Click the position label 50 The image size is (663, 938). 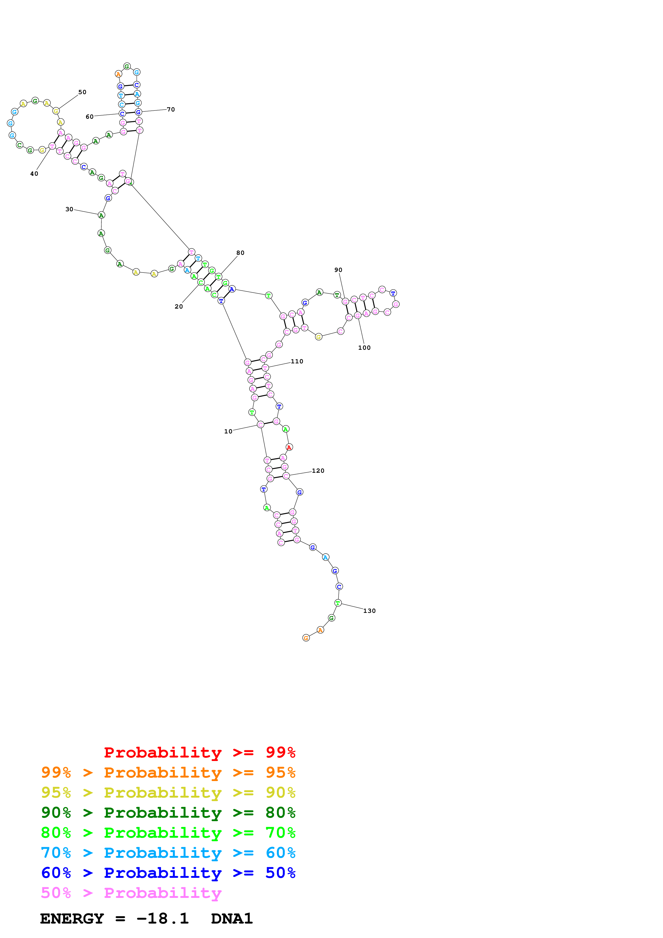tap(82, 92)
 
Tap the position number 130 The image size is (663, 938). tap(369, 611)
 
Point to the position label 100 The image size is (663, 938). tap(364, 348)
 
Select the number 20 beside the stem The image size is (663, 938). tap(178, 306)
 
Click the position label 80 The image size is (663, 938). tap(240, 253)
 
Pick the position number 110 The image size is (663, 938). tap(297, 361)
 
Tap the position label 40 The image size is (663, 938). tap(34, 174)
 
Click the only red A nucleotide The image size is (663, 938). tap(289, 447)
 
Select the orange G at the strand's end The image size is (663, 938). tap(306, 638)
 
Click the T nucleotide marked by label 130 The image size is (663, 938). tap(338, 603)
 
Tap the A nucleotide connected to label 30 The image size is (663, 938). tap(101, 215)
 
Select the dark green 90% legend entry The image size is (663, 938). tap(168, 813)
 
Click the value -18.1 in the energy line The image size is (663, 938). tap(163, 918)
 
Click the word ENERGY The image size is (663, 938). tap(72, 918)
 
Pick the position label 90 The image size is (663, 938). tap(338, 270)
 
